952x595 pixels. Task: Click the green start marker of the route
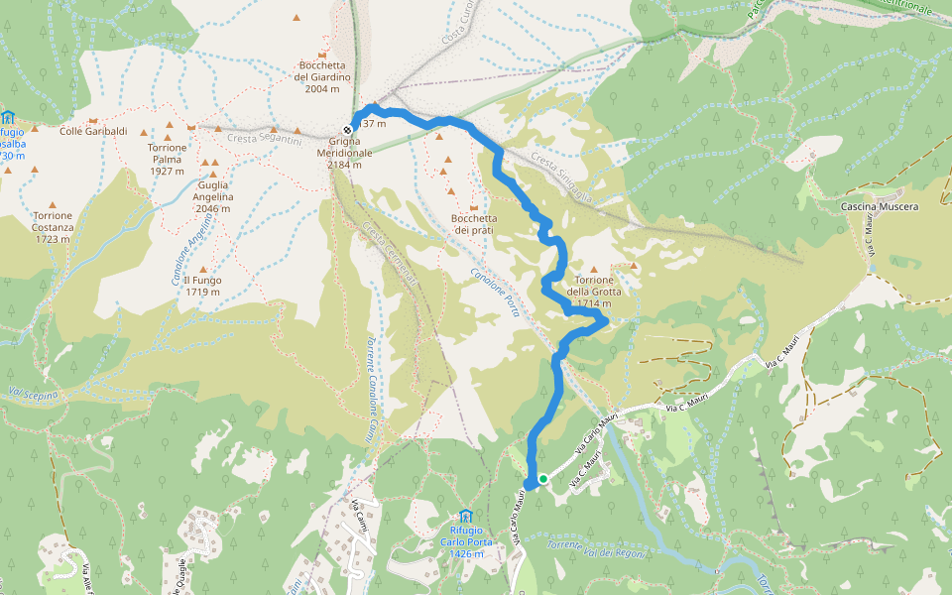pyautogui.click(x=542, y=479)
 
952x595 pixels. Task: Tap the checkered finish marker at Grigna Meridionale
pyautogui.click(x=348, y=130)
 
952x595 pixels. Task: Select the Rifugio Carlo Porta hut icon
pyautogui.click(x=465, y=516)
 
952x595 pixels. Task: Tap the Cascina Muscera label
pyautogui.click(x=880, y=206)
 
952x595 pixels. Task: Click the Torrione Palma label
pyautogui.click(x=167, y=159)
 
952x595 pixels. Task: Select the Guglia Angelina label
pyautogui.click(x=214, y=190)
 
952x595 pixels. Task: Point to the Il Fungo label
pyautogui.click(x=202, y=286)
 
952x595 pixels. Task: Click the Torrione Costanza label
pyautogui.click(x=52, y=227)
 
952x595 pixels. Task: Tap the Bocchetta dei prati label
pyautogui.click(x=472, y=224)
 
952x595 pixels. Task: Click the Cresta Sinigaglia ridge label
pyautogui.click(x=561, y=178)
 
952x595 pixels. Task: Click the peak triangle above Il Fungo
pyautogui.click(x=203, y=269)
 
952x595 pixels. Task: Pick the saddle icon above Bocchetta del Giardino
pyautogui.click(x=320, y=54)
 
